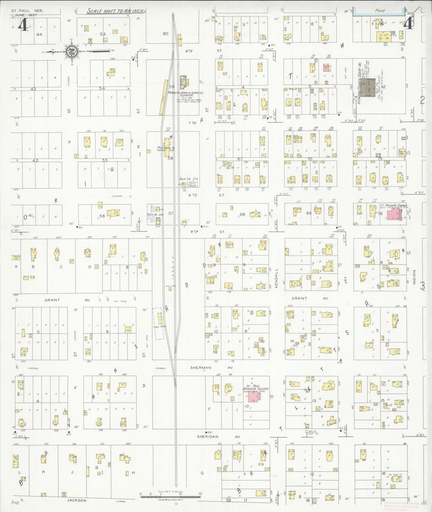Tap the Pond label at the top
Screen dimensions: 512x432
(x=380, y=11)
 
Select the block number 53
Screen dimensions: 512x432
(x=103, y=34)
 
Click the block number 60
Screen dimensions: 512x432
(x=166, y=33)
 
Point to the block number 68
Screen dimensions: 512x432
(x=242, y=214)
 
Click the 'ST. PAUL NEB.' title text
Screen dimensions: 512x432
(x=27, y=11)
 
